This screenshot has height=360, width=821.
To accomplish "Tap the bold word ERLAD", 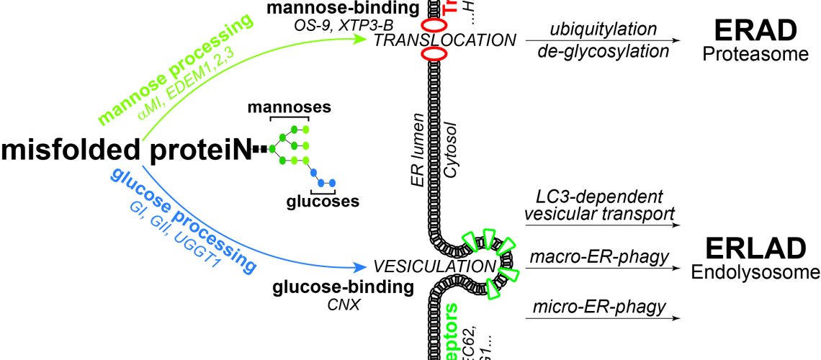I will tap(754, 248).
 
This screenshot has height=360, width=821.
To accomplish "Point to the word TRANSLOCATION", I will tap(444, 40).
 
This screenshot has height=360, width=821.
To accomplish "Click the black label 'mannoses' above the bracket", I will tap(289, 108).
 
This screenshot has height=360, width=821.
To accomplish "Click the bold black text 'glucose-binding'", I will tap(343, 289).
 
